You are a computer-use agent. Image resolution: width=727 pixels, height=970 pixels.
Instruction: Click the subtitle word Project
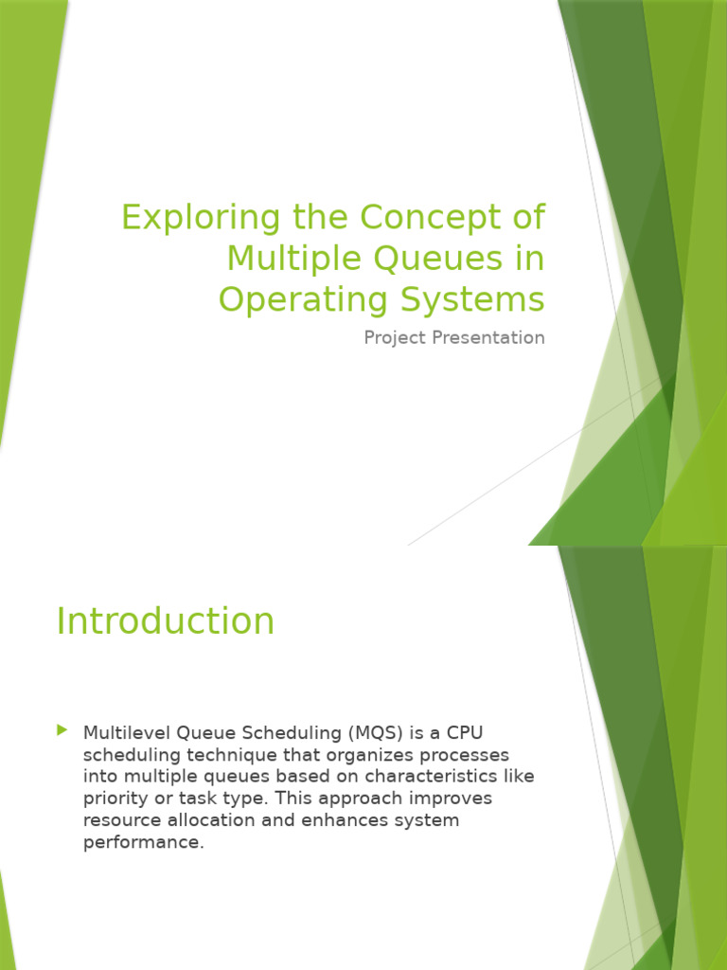pos(395,338)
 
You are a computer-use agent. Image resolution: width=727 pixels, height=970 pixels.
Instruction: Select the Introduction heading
pos(166,621)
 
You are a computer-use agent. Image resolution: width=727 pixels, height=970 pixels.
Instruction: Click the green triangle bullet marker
pos(62,730)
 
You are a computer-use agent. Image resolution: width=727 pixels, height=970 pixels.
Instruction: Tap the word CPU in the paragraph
pos(465,732)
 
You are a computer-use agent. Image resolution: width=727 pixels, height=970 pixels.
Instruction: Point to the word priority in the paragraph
pos(113,799)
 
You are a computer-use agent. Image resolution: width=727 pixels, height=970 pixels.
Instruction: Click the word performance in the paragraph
pos(142,842)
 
